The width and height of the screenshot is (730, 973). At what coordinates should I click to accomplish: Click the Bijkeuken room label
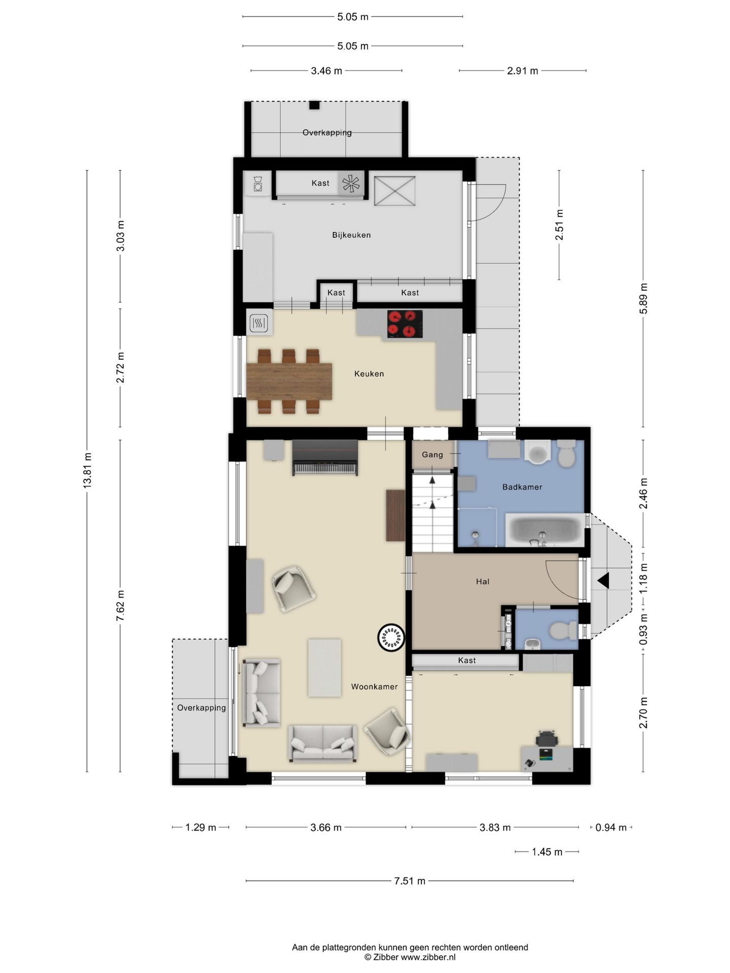tap(351, 235)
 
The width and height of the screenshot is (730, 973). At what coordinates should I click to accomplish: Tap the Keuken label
tap(369, 374)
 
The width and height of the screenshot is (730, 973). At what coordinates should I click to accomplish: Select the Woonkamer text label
tap(375, 687)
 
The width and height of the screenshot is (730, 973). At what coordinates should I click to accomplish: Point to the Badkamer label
tap(522, 487)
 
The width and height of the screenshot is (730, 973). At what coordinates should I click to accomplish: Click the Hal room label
tap(483, 582)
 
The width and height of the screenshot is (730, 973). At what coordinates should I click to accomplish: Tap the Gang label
tap(432, 455)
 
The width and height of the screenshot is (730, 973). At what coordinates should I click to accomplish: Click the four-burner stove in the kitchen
tap(405, 324)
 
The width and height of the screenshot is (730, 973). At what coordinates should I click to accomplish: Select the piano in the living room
tap(325, 458)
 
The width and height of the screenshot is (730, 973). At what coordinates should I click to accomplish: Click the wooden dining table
tap(289, 381)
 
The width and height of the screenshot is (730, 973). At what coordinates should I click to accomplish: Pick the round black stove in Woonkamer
tap(391, 637)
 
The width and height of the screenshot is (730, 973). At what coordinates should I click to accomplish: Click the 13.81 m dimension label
tap(87, 471)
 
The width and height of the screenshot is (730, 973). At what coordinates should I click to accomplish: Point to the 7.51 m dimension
tap(410, 881)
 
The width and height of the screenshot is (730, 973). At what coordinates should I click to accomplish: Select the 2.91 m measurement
tap(523, 71)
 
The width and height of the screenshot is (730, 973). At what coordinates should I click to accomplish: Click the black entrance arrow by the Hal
tap(603, 581)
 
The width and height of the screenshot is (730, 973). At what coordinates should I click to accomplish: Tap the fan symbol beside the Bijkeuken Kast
tap(351, 183)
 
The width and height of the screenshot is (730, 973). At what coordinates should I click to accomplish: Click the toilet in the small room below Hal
tap(563, 631)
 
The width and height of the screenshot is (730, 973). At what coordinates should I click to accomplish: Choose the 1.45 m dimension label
tap(547, 852)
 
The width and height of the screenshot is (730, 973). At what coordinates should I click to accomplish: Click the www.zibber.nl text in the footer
tap(428, 957)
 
